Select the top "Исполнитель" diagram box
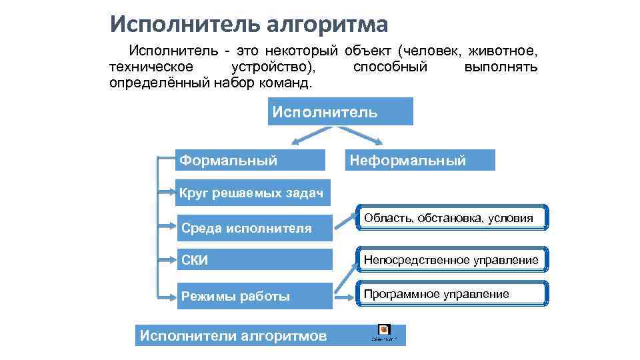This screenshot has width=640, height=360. point(341,111)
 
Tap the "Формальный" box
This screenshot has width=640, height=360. point(250,160)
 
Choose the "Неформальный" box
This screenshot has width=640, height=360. point(422,160)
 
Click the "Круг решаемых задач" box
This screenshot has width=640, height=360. point(251,194)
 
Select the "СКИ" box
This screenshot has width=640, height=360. point(254,259)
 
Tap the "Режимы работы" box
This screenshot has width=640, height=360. point(254,297)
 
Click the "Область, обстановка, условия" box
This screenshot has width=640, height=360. point(452,218)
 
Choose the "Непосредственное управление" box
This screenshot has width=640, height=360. point(452,259)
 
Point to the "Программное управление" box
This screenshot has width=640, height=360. point(452,294)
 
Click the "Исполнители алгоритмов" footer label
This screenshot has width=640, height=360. point(233,335)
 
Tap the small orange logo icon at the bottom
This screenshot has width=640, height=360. point(383,329)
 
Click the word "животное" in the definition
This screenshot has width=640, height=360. point(503,51)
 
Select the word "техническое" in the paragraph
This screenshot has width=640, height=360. point(151,67)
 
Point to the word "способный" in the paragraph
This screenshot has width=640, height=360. point(390,67)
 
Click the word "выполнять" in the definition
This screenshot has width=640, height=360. point(501,67)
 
